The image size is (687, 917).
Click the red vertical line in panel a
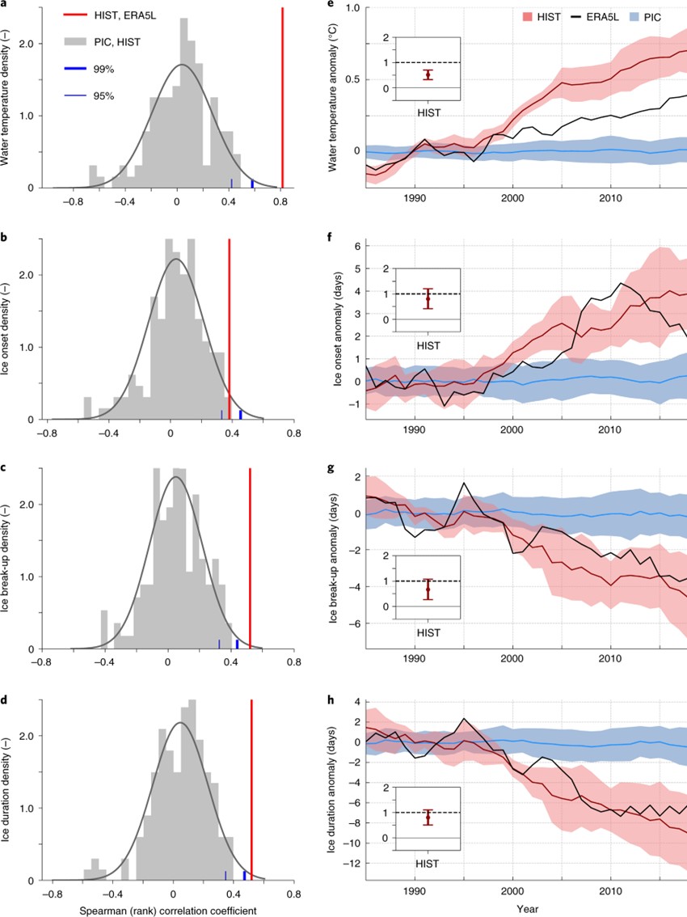pos(282,97)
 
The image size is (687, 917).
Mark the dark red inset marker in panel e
pos(429,74)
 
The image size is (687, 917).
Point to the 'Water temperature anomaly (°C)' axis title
pos(331,95)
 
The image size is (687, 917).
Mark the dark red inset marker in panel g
pos(429,589)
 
